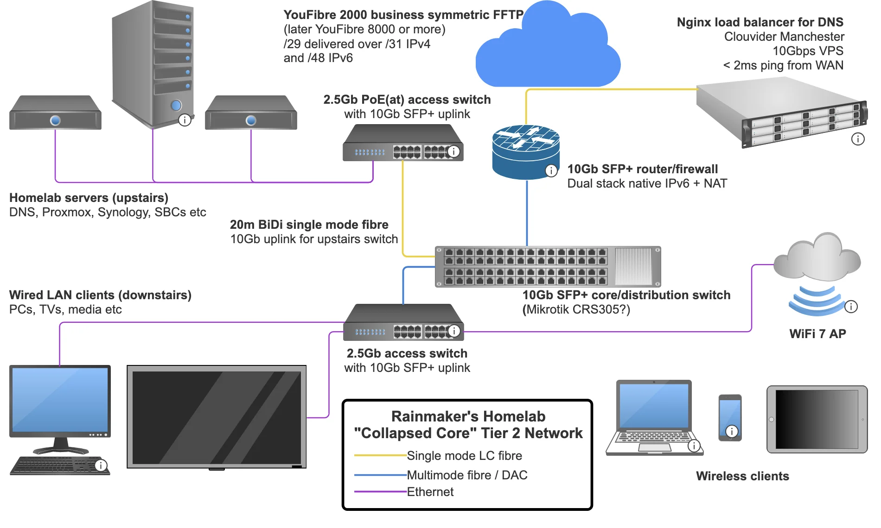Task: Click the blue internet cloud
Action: coord(548,46)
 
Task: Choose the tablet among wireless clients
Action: coord(817,419)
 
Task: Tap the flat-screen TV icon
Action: coord(217,417)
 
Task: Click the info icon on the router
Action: coord(551,171)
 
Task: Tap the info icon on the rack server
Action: coord(858,139)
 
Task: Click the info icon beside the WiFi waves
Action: coord(851,307)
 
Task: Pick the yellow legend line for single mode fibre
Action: coord(380,456)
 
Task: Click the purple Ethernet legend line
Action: coord(380,492)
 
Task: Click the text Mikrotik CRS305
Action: coord(575,309)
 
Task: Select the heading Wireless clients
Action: coord(742,476)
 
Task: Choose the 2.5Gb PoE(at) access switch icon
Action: coord(403,143)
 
